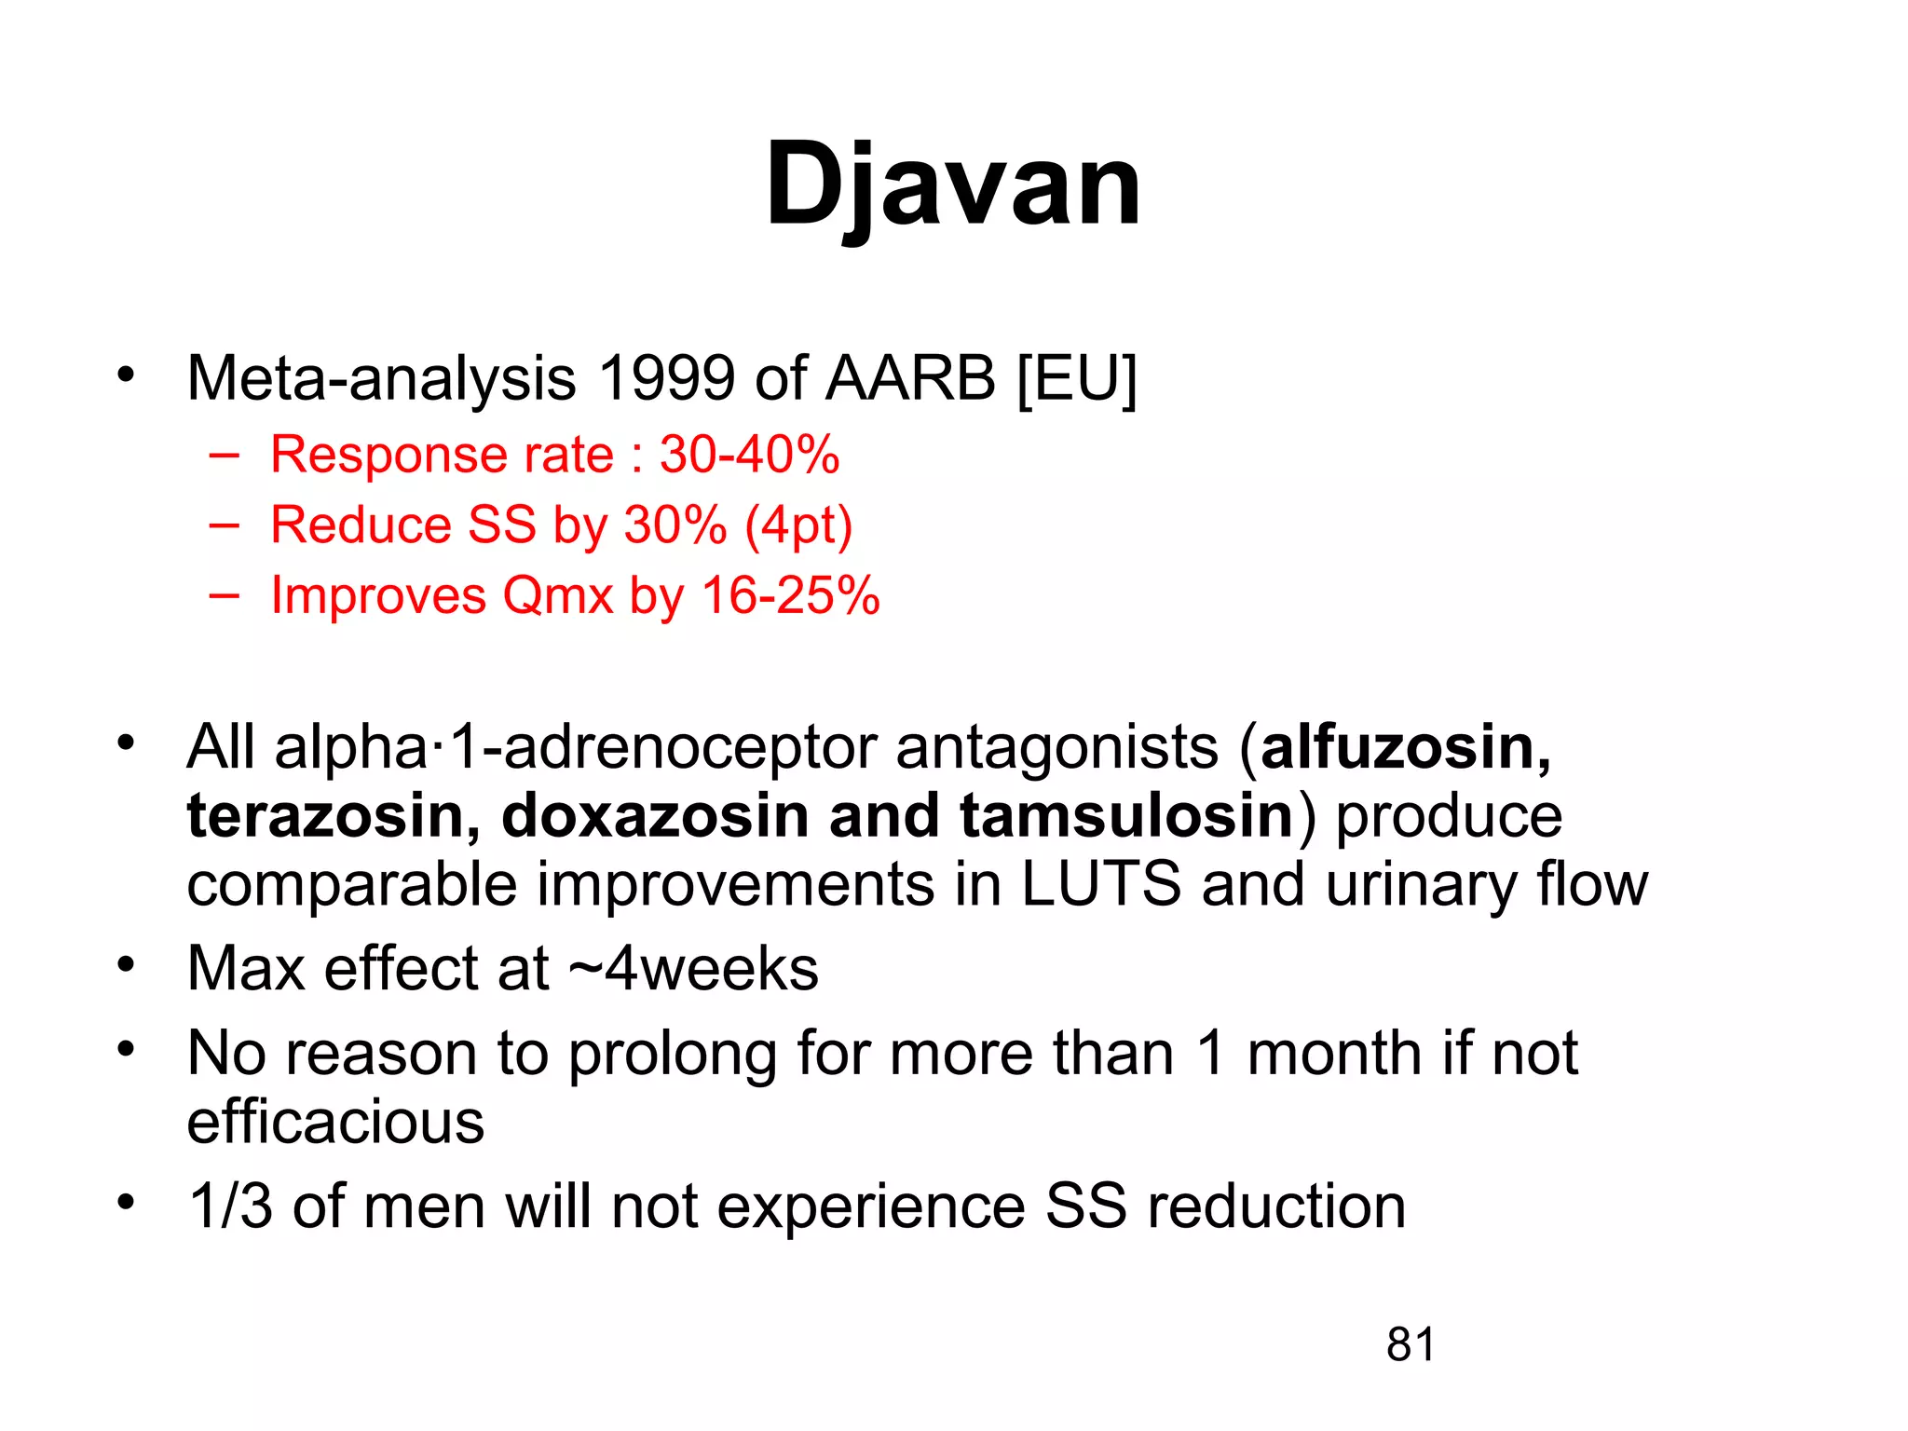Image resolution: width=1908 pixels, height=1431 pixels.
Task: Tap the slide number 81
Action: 1411,1344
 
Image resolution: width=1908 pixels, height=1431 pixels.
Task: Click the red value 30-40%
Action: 749,455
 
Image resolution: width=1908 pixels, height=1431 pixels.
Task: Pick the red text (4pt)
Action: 798,525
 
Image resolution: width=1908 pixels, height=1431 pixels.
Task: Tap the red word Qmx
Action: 557,595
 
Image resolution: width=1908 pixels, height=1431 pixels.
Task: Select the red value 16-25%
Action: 790,595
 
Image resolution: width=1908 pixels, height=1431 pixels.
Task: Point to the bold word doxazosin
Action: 655,816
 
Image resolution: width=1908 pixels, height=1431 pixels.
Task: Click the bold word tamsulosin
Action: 1126,816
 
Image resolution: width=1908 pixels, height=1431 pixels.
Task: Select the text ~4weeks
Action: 693,969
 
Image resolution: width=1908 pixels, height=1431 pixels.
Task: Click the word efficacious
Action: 335,1122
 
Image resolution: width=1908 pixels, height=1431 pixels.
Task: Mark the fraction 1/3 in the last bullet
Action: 230,1206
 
